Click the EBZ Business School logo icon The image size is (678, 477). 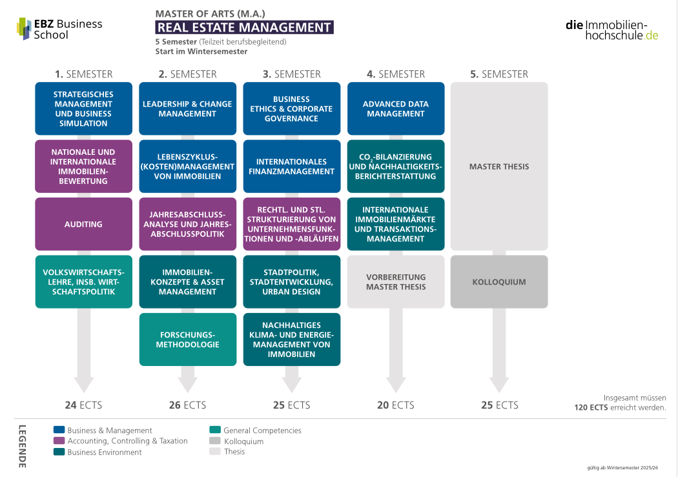24,28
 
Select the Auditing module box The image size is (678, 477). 83,224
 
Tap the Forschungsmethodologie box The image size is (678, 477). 188,340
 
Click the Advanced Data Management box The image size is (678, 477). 396,108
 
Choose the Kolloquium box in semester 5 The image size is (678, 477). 499,281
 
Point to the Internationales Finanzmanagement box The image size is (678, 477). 291,167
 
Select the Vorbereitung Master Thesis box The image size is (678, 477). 396,281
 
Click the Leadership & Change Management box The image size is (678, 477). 188,108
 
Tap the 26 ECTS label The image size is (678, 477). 188,405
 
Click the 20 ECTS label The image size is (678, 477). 396,405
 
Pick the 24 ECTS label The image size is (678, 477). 83,405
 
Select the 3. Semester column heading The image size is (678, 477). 291,74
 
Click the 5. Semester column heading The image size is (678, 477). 499,74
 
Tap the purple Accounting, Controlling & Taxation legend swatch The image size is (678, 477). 59,441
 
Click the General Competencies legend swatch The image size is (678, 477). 215,430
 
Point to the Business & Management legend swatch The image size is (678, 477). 59,430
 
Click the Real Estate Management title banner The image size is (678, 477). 244,27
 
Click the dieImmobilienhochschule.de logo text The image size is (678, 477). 612,30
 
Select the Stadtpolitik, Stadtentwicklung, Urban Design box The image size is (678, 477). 291,281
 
